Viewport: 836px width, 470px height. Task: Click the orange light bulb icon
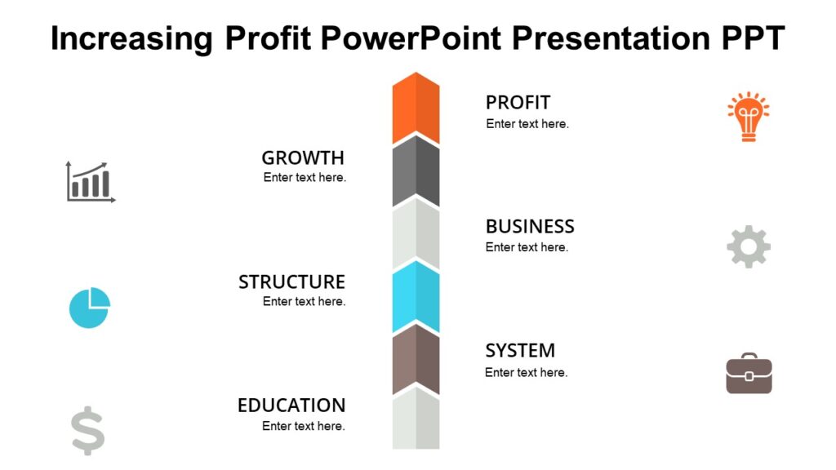748,117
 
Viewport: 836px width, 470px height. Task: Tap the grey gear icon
748,246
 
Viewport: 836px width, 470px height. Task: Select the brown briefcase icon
749,374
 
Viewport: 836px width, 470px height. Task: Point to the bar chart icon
91,181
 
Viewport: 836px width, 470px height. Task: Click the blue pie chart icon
89,308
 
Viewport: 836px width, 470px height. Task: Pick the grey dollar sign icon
88,432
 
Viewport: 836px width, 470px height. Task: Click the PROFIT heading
518,103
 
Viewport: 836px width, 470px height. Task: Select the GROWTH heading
303,157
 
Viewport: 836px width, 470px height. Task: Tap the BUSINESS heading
530,226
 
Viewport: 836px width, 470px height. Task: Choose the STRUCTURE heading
291,282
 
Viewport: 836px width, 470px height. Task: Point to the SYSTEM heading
520,351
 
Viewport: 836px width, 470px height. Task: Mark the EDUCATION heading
291,406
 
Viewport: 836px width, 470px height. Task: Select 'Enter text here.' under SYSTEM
526,372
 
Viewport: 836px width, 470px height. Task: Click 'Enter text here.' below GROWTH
305,177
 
